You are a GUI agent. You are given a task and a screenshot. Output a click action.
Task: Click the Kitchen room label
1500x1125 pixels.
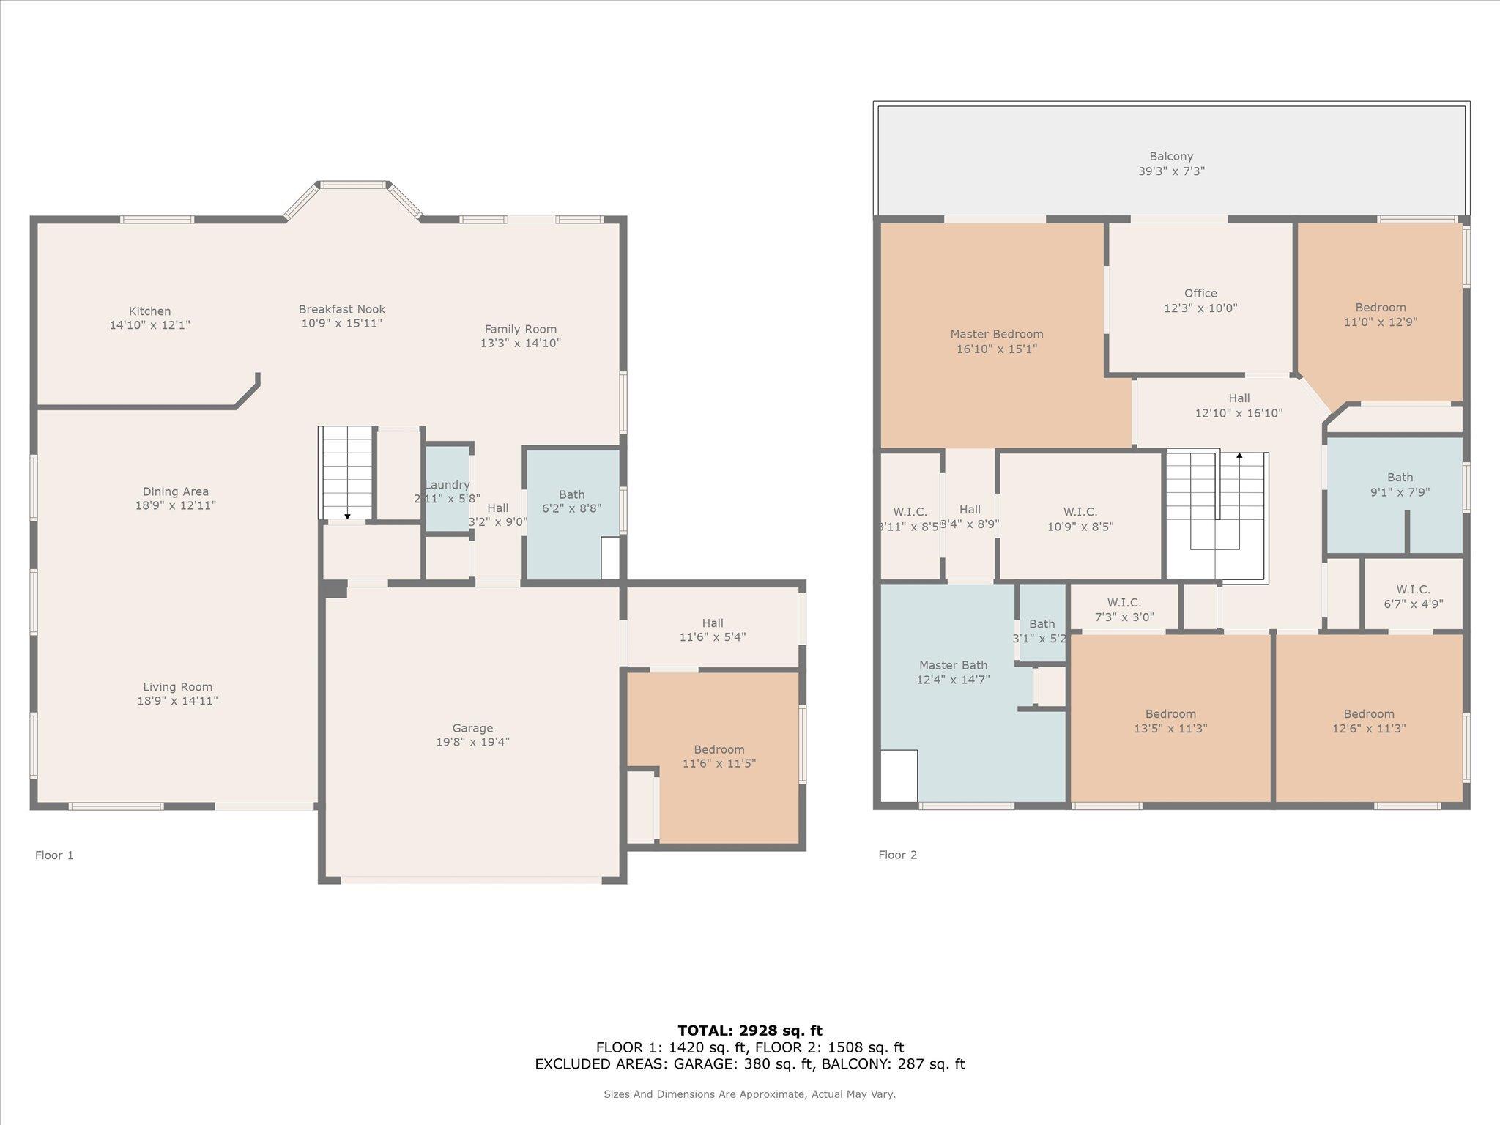pos(149,311)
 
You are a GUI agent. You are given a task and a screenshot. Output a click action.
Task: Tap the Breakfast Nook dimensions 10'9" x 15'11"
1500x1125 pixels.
pos(341,323)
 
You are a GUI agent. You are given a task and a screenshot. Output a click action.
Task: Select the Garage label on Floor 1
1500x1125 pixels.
pos(472,728)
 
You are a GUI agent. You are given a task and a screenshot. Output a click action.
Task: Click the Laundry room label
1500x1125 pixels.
pos(447,485)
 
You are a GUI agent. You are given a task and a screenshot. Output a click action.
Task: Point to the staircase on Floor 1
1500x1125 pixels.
pos(347,472)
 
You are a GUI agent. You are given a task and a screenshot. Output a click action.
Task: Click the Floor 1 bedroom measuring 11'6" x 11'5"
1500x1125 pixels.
pos(719,756)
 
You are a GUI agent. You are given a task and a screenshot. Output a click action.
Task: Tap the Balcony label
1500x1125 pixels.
pos(1171,156)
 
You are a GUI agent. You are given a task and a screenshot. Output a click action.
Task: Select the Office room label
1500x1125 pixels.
pos(1200,293)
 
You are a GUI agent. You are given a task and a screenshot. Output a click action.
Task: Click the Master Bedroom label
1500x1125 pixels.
pos(996,334)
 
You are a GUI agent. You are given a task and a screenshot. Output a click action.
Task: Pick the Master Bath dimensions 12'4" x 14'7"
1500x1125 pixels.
pos(953,680)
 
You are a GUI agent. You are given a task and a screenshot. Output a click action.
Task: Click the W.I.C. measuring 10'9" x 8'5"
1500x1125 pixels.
pos(1080,519)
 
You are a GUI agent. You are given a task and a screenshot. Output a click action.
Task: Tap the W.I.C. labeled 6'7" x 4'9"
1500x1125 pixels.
pos(1413,596)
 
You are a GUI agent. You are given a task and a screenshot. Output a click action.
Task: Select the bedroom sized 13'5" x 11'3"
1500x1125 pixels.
pos(1170,721)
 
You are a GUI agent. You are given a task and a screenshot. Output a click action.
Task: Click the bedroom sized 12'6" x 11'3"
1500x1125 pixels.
pos(1368,721)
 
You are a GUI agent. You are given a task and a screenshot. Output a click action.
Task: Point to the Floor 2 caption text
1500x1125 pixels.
pos(897,855)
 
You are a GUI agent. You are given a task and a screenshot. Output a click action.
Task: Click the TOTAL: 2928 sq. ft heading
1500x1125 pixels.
pos(750,1031)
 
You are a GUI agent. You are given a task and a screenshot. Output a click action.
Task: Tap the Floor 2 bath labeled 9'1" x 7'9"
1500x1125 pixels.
pos(1400,484)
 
